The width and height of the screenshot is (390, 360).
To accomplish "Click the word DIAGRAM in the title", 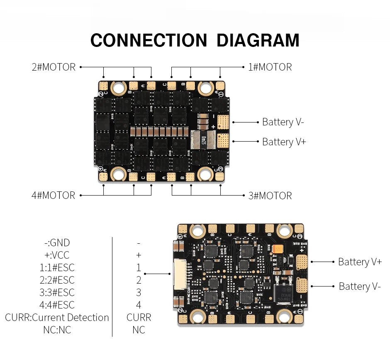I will coord(258,41).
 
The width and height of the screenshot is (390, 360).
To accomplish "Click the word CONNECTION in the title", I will coord(149,41).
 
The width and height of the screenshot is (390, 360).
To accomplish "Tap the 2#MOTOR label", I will coord(54,67).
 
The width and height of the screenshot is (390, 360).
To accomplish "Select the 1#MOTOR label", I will coord(270,67).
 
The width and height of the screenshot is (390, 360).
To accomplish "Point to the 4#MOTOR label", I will coord(54,195).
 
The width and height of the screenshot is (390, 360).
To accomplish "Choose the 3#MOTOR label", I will coord(270,196).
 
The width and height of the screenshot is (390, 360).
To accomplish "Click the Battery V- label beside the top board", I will coord(283,122).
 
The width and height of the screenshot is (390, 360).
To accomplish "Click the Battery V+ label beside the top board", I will coord(284,142).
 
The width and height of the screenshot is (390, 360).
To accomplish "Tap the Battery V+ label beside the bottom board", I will coord(360,262).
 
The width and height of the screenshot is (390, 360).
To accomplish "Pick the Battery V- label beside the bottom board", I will coord(359,286).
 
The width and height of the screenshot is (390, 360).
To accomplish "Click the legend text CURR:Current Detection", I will coord(57,318).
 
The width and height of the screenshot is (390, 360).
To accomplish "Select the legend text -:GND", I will coord(57,243).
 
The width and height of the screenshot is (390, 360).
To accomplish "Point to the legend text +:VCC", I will coord(57,255).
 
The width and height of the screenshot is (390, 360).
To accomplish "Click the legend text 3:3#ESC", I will coord(57,293).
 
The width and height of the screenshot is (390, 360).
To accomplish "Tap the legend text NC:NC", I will coord(57,330).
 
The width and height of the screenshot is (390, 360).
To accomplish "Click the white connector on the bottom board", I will coord(178,274).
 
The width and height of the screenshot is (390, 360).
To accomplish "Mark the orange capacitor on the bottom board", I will coord(277,249).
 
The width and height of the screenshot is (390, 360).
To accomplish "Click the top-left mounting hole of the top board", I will coord(119,87).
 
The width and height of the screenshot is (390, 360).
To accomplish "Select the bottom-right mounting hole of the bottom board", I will coord(284,316).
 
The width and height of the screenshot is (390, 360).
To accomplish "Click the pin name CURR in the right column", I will coord(139,318).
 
